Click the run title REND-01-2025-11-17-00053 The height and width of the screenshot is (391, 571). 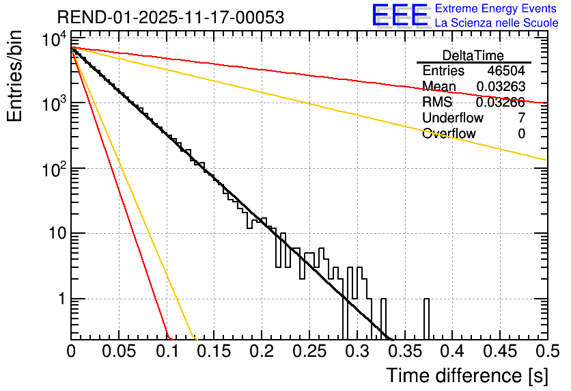coord(171,17)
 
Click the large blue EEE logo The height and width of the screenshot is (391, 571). coord(400,16)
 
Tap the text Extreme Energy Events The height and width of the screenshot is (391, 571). coord(496,9)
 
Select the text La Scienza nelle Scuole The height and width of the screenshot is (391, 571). coord(496,23)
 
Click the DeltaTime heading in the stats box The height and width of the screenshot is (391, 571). coord(473,55)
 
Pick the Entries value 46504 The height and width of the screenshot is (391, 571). coord(506,71)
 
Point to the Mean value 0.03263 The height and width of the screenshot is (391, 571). coord(500,87)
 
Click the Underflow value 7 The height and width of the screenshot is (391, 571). coord(521,118)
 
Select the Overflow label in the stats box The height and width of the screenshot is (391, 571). coord(449,134)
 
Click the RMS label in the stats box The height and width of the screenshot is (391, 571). coord(437,103)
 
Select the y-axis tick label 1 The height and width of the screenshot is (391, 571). coord(61,299)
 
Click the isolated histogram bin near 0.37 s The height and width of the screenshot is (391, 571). coord(427,319)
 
